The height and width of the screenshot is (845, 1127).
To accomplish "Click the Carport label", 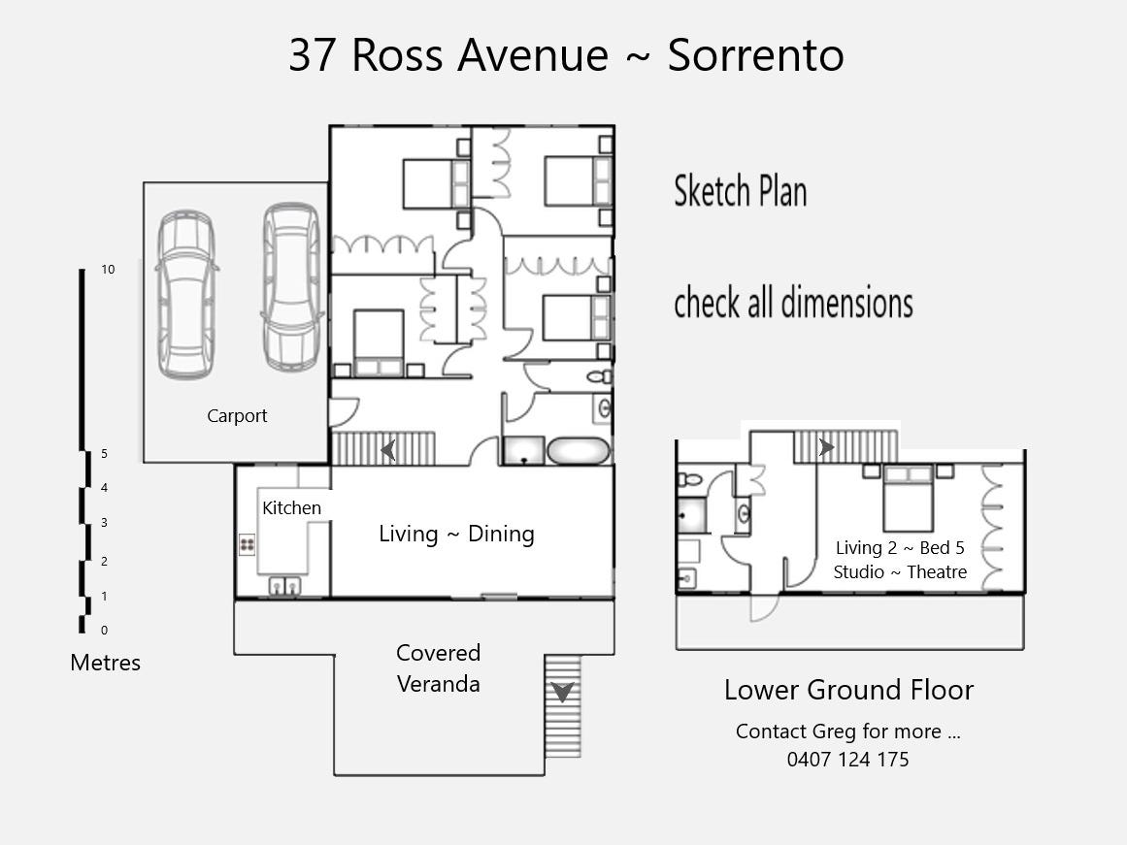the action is [237, 416].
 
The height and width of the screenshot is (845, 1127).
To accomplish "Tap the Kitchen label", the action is [291, 508].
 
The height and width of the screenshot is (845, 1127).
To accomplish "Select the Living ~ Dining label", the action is [456, 534].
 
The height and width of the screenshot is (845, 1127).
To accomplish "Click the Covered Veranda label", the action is [439, 668].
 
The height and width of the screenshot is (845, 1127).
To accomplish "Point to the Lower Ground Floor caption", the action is [848, 690].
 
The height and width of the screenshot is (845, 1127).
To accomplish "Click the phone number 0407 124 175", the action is [848, 760].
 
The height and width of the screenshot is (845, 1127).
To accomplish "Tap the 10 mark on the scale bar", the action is [108, 270].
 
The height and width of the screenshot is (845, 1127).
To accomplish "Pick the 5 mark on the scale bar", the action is [104, 454].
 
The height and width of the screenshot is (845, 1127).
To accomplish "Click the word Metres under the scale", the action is [105, 663].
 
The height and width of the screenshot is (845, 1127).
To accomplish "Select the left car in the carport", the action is [186, 295].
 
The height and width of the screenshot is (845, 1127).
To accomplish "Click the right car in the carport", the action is [291, 287].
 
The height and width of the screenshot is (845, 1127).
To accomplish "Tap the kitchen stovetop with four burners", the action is [248, 544].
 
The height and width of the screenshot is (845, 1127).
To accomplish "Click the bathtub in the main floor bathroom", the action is [579, 451].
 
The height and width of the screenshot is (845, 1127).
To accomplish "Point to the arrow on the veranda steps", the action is [563, 692].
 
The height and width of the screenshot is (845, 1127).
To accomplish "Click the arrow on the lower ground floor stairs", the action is [826, 447].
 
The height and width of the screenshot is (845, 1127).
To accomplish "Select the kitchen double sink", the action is [284, 586].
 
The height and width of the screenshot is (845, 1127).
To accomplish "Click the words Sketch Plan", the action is [741, 191].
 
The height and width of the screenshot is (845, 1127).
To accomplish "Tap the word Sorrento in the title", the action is [755, 54].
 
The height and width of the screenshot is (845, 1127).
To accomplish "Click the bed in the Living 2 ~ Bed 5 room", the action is [909, 498].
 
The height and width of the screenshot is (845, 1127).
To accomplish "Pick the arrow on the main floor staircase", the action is [388, 450].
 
